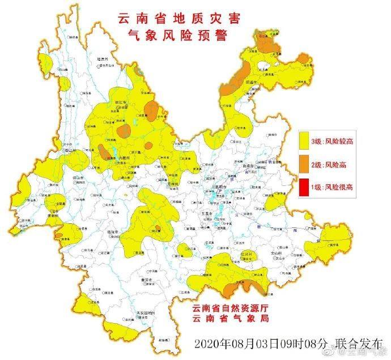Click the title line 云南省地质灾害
(x=179, y=19)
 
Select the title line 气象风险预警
(x=179, y=37)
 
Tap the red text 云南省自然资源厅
(x=229, y=308)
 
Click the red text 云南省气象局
(x=229, y=321)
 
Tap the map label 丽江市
(x=120, y=103)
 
